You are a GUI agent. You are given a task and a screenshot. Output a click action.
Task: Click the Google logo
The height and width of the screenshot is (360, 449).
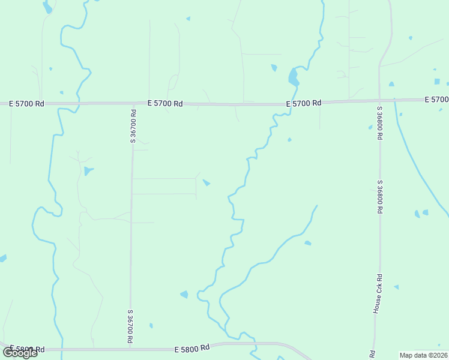click(20, 352)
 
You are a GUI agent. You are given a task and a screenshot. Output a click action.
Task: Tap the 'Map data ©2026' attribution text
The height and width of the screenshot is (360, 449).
click(423, 355)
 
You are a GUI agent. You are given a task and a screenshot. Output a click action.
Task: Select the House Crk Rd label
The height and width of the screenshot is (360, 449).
click(378, 294)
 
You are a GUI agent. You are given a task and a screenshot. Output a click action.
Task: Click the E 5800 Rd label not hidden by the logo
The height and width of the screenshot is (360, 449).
click(192, 348)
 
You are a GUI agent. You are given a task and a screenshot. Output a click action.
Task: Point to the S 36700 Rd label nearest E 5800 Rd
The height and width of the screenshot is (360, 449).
click(130, 326)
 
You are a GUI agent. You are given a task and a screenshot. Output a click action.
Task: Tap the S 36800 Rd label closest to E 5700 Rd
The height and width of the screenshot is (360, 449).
click(380, 123)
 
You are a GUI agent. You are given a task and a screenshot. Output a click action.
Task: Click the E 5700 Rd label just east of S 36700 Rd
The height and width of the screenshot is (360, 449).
click(166, 103)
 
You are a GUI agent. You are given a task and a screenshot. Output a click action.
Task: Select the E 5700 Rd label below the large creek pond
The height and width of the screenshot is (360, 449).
click(304, 103)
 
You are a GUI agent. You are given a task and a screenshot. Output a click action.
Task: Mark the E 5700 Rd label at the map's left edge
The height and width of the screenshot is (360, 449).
click(27, 103)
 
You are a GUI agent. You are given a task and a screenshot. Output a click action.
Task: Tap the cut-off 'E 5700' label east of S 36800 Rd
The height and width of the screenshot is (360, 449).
click(436, 99)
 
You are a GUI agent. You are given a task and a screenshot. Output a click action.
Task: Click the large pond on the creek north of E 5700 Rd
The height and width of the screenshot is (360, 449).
click(293, 77)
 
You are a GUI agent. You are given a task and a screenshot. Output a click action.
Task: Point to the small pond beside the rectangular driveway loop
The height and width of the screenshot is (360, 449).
click(206, 182)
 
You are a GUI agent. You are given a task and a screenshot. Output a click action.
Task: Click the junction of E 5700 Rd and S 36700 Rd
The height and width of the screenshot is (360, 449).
click(132, 104)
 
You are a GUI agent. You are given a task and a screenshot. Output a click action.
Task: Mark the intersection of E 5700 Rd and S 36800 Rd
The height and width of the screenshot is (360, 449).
click(379, 100)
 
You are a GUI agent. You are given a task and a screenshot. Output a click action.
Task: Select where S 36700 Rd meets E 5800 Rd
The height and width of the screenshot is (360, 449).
click(130, 348)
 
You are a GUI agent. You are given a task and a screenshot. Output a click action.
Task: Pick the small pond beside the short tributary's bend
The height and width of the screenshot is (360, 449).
click(308, 243)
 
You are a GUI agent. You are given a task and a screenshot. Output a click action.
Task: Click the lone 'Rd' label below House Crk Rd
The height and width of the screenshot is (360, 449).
click(373, 354)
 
